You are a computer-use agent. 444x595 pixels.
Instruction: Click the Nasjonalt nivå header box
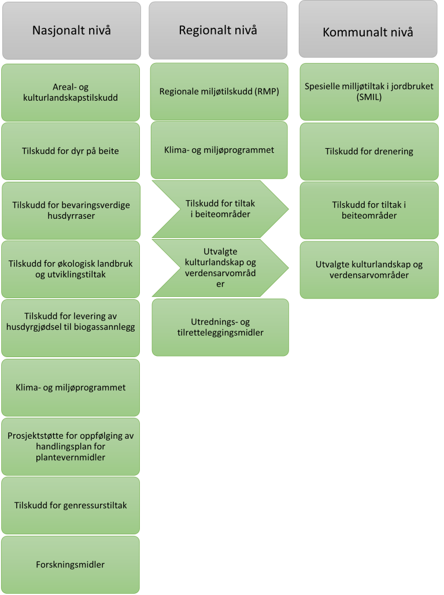[x=71, y=30]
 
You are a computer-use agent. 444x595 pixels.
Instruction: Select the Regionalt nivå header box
[x=218, y=30]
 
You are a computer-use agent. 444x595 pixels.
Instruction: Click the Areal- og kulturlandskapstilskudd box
[x=71, y=93]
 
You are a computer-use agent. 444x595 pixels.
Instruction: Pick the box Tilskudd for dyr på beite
[x=71, y=152]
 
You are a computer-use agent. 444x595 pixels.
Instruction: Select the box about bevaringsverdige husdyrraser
[x=71, y=211]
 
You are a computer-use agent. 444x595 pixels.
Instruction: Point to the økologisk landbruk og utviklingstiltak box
[x=71, y=269]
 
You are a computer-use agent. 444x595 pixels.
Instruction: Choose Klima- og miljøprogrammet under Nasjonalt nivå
[x=71, y=387]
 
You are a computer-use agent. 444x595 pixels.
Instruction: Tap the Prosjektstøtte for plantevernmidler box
[x=71, y=446]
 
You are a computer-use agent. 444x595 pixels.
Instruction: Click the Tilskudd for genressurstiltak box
[x=71, y=505]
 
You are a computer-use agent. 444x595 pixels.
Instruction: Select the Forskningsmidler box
[x=71, y=564]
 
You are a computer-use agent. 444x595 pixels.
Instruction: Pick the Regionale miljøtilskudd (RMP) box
[x=219, y=91]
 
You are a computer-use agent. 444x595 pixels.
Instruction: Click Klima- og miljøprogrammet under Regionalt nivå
[x=219, y=150]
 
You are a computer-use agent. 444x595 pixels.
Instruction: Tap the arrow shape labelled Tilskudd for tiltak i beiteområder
[x=220, y=209]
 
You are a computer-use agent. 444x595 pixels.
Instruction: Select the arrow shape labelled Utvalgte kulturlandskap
[x=220, y=268]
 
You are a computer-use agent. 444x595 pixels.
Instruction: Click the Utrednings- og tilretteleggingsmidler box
[x=220, y=327]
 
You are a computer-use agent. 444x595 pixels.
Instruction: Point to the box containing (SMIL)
[x=369, y=91]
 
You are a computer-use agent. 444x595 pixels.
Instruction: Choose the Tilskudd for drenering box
[x=369, y=152]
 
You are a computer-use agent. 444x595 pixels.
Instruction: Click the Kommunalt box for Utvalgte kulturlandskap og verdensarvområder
[x=369, y=270]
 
